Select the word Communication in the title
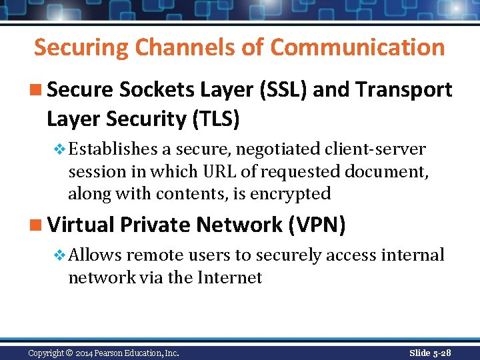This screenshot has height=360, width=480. tap(358, 48)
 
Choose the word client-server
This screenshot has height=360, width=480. tap(376, 149)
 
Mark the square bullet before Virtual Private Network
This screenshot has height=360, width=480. tap(38, 225)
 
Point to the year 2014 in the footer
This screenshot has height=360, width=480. tap(85, 353)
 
